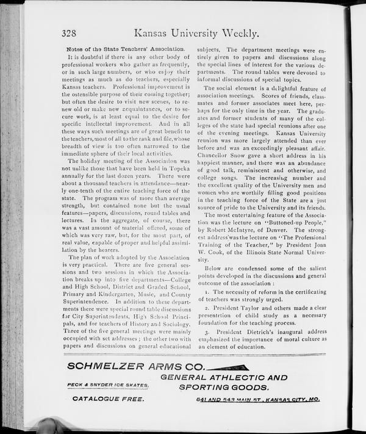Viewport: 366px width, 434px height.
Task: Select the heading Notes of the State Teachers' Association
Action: click(125, 48)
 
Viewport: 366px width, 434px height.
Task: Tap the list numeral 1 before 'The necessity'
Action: click(208, 293)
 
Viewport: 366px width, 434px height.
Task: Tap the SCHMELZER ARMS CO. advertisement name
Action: click(135, 366)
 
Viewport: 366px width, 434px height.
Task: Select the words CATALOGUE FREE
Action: click(108, 399)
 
